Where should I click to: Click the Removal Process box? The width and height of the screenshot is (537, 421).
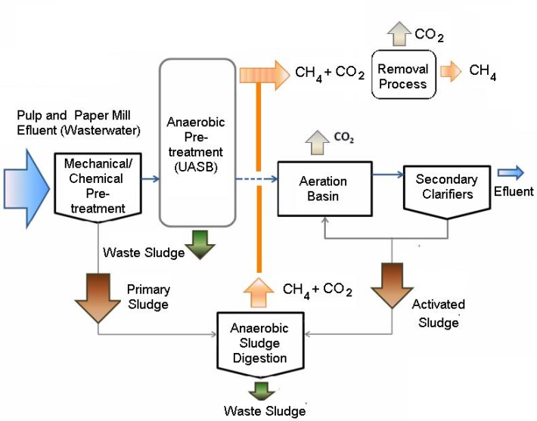point(402,76)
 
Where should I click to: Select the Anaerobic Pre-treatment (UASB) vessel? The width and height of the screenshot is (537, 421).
point(199,144)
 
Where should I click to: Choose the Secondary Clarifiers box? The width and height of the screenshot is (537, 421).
point(446,186)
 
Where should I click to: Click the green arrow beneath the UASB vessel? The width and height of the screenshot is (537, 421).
point(200,246)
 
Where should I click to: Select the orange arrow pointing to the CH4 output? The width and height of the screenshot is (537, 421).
point(452,72)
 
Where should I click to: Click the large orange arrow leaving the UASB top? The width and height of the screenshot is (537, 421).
point(263,73)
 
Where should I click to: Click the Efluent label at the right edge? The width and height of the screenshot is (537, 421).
point(514,191)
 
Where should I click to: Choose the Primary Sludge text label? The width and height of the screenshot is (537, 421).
point(148,296)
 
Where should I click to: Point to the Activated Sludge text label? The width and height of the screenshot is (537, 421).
point(439,314)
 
